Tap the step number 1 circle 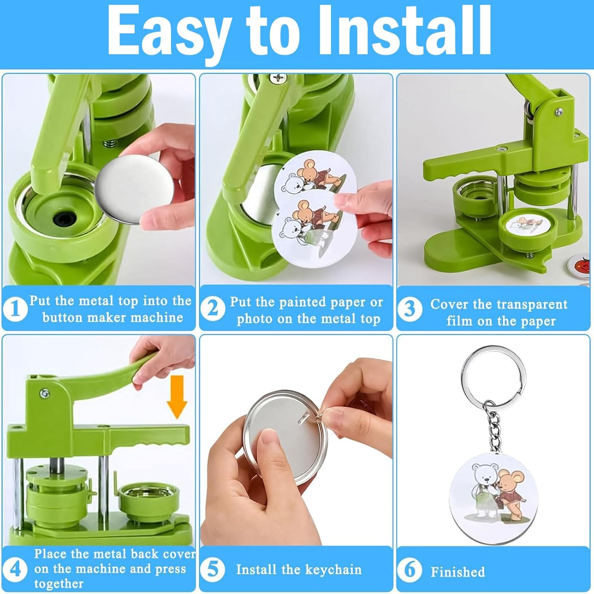pos(15,308)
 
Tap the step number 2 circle pos(213,308)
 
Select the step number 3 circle pos(409,308)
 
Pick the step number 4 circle pos(15,569)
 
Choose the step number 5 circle pos(213,569)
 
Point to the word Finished pos(458,572)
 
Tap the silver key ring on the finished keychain pos(493,372)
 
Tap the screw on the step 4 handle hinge pos(45,393)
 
